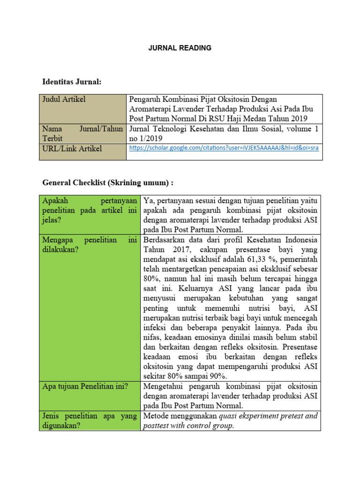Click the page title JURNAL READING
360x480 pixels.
coord(180,48)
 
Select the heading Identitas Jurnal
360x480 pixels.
coord(72,82)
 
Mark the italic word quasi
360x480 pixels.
coord(230,416)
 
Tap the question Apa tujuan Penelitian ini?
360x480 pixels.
coord(85,387)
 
